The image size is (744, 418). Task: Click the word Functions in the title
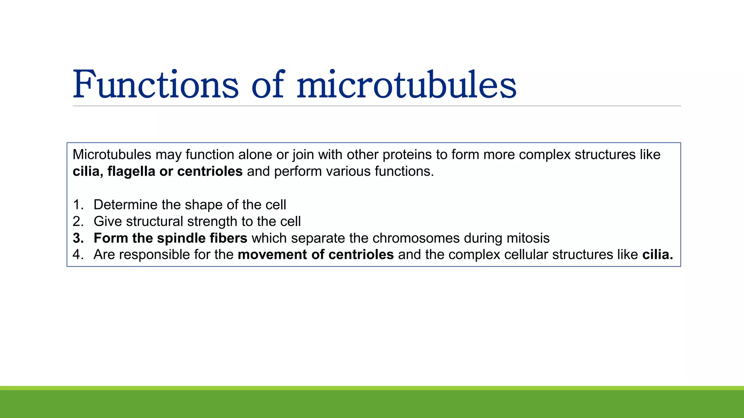155,84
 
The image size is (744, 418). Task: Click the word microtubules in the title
406,84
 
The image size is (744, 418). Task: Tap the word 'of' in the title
267,84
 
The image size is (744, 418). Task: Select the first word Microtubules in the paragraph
112,155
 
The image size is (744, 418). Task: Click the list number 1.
78,205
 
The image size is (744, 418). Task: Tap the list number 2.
78,221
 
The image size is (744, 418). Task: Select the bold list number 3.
78,238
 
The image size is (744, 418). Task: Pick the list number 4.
78,255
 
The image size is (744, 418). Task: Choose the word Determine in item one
126,205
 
